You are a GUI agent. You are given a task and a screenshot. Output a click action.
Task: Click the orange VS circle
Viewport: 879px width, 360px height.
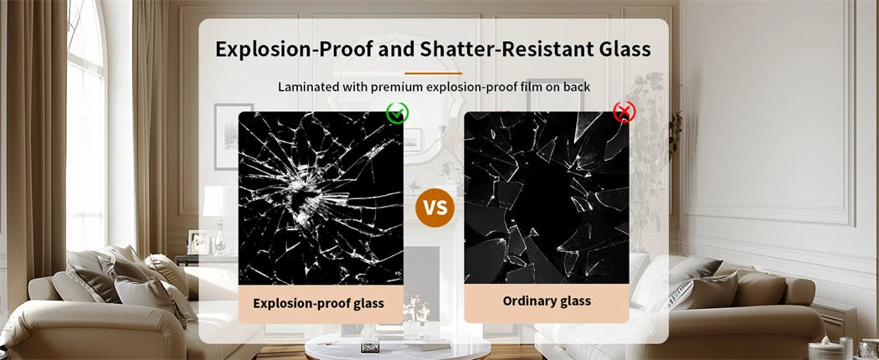(x=435, y=208)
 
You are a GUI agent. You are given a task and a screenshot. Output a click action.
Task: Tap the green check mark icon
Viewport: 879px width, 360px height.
(x=397, y=113)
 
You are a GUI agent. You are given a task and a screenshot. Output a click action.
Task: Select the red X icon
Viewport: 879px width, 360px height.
(x=624, y=112)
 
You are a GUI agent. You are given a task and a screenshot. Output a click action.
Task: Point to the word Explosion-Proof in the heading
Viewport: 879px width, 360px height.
(x=294, y=49)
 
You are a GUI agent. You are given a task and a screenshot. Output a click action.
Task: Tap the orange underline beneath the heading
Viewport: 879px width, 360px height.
(x=434, y=73)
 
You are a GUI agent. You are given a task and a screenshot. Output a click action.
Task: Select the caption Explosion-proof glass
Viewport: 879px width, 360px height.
(x=318, y=303)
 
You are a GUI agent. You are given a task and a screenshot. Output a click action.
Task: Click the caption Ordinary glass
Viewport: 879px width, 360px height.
(x=547, y=301)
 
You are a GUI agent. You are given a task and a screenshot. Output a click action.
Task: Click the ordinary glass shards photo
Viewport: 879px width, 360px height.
(x=547, y=198)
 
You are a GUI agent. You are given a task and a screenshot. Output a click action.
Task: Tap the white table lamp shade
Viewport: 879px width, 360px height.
(x=219, y=201)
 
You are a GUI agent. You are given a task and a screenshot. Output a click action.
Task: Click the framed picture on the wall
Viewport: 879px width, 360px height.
(x=234, y=136)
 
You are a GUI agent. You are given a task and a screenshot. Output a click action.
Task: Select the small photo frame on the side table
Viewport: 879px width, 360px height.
(x=198, y=242)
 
